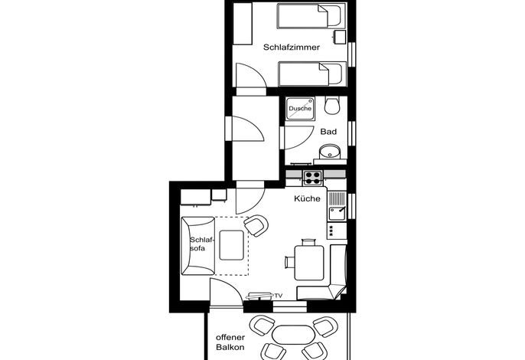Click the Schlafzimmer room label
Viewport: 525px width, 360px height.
point(292,47)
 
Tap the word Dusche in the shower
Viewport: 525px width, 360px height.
point(300,108)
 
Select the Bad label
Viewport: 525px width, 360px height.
point(328,132)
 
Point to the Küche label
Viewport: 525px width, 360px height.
point(307,198)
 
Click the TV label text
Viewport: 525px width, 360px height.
point(279,296)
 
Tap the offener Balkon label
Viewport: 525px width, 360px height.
point(230,342)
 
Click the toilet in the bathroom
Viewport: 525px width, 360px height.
point(332,105)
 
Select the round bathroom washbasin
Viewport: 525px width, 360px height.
point(330,152)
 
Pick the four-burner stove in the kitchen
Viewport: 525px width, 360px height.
point(312,178)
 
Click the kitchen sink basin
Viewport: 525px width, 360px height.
point(337,214)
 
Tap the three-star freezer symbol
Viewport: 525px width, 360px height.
point(331,231)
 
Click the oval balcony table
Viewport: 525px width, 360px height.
point(294,335)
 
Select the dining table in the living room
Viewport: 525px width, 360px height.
point(309,263)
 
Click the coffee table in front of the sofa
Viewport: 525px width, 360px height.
point(231,245)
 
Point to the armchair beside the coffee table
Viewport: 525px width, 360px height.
point(256,225)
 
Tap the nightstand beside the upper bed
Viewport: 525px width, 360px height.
point(340,37)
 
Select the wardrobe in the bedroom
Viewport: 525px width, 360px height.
point(242,24)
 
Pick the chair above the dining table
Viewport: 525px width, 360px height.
point(308,242)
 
